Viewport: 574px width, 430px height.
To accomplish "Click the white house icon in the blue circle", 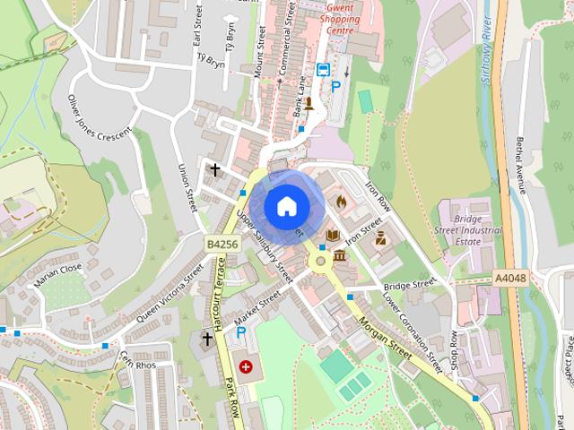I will [286, 206].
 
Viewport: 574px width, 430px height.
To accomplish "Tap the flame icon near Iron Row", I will [341, 202].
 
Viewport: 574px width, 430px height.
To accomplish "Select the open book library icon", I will [333, 236].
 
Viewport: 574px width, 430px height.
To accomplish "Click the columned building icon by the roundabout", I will [339, 257].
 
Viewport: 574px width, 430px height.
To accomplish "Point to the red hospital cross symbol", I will [246, 365].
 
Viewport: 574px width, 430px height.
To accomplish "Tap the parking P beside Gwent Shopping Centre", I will [336, 87].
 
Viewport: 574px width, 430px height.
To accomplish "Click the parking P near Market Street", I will [240, 332].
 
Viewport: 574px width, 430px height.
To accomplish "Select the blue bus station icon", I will [322, 70].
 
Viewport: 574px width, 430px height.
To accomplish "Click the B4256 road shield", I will [222, 244].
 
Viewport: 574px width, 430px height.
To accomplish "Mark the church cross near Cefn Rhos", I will [207, 340].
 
